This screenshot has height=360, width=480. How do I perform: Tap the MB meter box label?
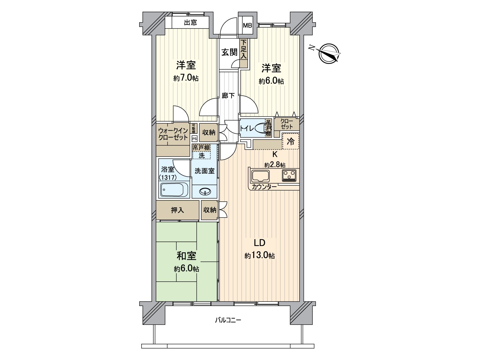pos(247,25)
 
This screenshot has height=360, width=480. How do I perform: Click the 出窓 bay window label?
pos(190,22)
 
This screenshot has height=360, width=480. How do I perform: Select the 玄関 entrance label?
pos(229,52)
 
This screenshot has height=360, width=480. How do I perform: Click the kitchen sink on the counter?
pos(260,175)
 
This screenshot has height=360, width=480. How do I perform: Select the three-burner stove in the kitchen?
pos(289,175)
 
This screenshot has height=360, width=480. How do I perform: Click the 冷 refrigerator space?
pos(291,142)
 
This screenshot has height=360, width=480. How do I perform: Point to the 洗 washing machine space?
pos(202,155)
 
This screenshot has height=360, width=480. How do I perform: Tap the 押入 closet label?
pos(177,210)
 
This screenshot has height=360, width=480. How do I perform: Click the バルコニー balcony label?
pos(228,320)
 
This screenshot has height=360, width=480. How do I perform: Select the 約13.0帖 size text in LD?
pos(259,256)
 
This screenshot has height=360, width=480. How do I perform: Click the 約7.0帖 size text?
pos(186,78)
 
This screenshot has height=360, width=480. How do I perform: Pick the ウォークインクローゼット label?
pos(173,134)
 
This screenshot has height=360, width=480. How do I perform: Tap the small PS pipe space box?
pos(194,139)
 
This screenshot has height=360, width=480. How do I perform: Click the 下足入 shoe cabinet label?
pos(244,49)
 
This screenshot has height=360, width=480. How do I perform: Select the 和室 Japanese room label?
pos(186,256)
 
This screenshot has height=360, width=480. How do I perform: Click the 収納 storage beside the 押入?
pos(209,210)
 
